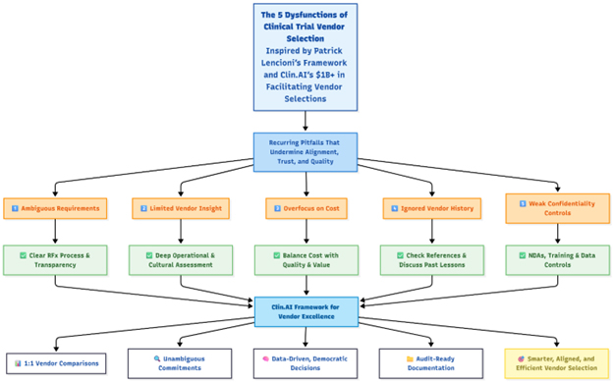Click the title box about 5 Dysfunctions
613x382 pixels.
click(306, 57)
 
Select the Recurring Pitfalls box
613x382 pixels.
click(306, 152)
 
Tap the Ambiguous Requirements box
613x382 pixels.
click(55, 208)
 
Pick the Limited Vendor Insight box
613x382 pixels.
click(181, 208)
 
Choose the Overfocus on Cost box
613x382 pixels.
click(306, 208)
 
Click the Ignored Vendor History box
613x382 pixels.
click(432, 208)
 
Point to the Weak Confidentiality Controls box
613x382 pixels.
click(557, 208)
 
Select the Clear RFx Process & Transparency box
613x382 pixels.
click(55, 260)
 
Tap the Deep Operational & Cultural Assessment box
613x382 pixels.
click(181, 260)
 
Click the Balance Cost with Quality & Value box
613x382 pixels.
click(306, 260)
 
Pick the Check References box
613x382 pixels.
click(432, 260)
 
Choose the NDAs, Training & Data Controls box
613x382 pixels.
click(557, 260)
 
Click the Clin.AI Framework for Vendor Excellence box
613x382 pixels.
click(306, 311)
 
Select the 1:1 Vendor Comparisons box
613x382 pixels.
click(56, 363)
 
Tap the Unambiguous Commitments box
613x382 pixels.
click(180, 363)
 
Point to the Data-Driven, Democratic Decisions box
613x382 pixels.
click(306, 363)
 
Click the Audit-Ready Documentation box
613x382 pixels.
click(431, 363)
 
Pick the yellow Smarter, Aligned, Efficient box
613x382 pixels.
click(557, 363)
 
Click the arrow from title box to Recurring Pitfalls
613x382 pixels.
click(306, 121)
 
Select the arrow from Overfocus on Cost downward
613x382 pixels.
click(306, 232)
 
